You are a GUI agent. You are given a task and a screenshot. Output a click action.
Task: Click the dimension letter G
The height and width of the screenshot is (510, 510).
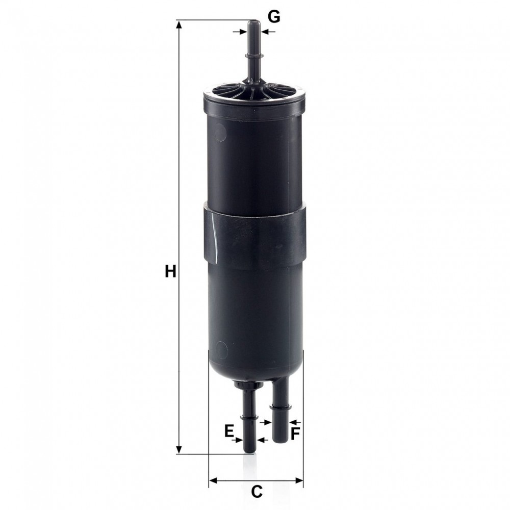274,17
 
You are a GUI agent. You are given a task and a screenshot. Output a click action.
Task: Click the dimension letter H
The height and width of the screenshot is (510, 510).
170,271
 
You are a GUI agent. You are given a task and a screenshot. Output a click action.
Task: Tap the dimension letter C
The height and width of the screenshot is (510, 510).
257,492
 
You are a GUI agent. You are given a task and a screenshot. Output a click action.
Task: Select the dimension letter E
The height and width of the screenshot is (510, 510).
229,431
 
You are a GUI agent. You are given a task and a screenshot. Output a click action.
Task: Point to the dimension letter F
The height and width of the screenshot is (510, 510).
295,434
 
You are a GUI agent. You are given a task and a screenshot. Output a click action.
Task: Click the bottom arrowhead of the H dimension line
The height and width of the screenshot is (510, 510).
179,449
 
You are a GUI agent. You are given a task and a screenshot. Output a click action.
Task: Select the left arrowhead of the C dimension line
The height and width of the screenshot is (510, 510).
214,480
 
